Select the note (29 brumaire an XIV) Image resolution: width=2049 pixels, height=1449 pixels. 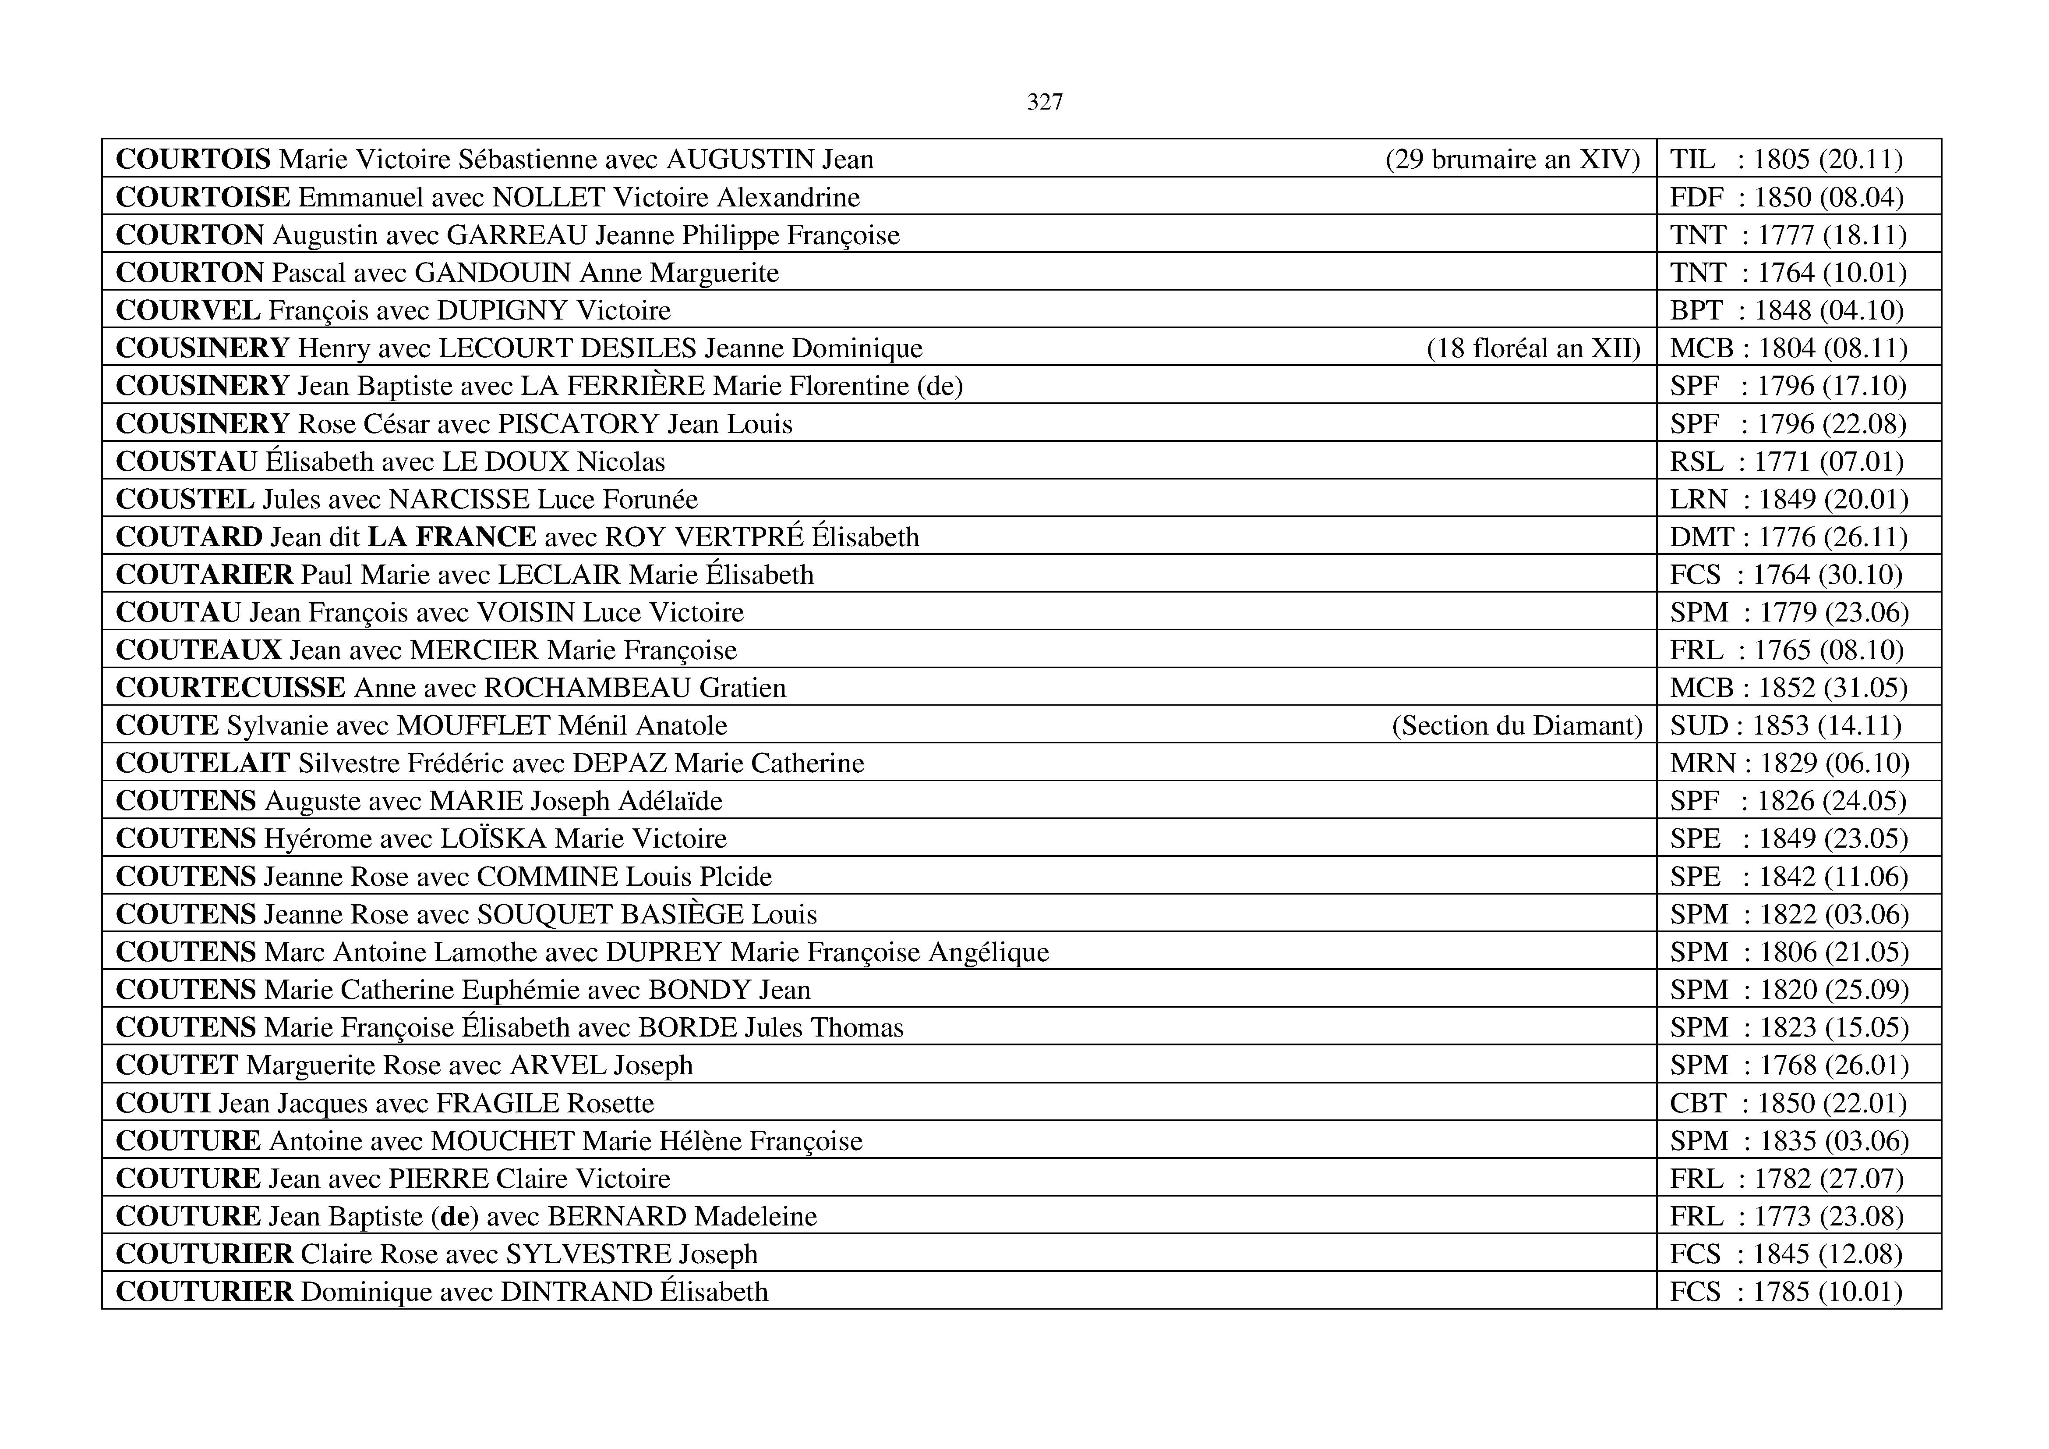click(1512, 160)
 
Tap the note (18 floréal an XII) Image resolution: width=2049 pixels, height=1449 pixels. click(1533, 348)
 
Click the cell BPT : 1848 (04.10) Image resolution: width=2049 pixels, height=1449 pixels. click(1787, 311)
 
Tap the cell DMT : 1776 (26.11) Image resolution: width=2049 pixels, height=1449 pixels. click(1788, 537)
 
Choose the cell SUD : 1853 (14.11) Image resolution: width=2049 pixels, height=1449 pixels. click(1785, 726)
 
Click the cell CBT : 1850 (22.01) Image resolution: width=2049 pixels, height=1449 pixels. click(1788, 1104)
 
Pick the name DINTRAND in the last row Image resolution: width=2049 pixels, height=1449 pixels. click(576, 1292)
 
